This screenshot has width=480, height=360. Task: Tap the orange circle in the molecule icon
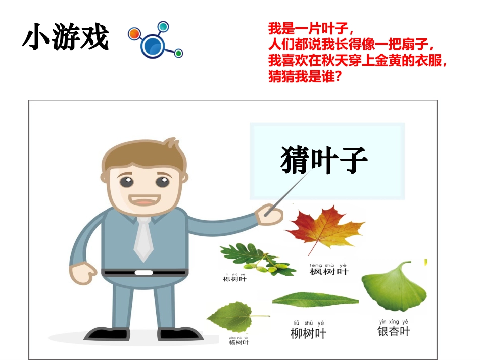pos(134,34)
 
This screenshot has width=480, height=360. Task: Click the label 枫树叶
pos(329,272)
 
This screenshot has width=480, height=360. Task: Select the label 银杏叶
pos(394,332)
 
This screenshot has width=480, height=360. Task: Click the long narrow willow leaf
pos(315,300)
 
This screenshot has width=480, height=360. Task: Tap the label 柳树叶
pos(309,333)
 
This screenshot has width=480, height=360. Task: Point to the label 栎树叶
pos(234,279)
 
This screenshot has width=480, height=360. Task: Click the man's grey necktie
pos(144,237)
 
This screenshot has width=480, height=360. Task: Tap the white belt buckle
pos(144,273)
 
